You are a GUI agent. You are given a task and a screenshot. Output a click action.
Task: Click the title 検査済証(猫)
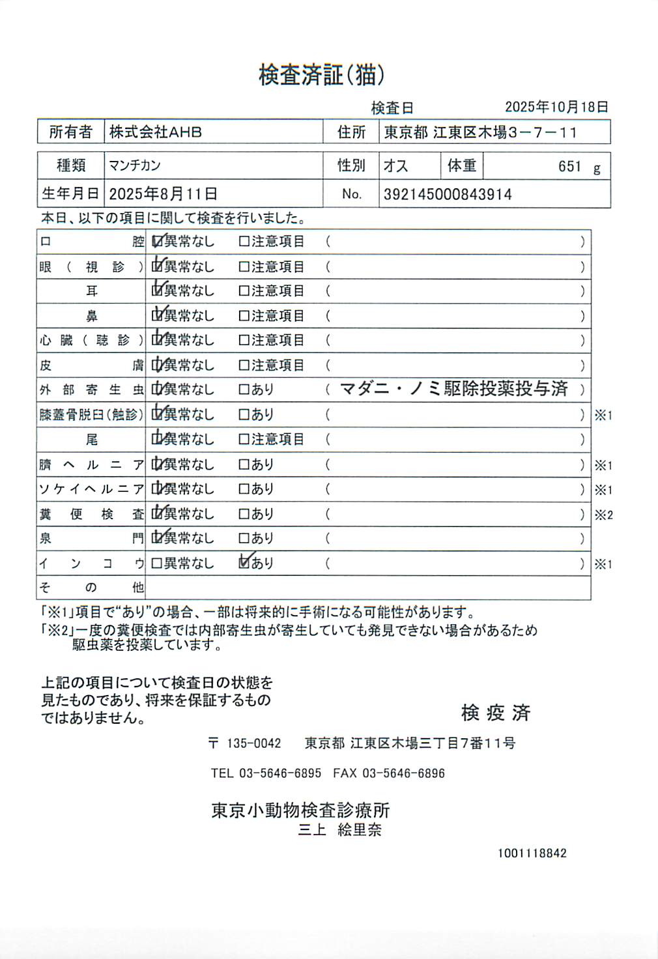(321, 75)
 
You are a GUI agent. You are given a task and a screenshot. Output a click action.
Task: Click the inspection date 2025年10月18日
(556, 107)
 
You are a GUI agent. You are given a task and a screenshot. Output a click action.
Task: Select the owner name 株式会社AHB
(156, 132)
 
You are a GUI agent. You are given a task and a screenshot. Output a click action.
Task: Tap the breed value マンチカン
(135, 165)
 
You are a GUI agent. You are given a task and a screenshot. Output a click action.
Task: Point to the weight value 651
(569, 167)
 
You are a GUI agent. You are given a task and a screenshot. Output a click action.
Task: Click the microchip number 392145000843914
(448, 194)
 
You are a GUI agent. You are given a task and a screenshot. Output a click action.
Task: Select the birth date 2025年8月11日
(163, 194)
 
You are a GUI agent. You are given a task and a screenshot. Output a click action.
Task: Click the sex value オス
(395, 166)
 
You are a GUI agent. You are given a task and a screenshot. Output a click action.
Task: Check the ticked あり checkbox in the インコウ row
(244, 563)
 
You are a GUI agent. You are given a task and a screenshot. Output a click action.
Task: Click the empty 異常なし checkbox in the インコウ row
(156, 564)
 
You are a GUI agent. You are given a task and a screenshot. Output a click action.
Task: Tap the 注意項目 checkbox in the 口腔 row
(244, 242)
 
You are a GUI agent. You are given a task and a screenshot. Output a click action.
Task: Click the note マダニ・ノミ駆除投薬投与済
(454, 389)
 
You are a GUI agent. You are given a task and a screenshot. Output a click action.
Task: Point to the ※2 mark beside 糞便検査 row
(603, 515)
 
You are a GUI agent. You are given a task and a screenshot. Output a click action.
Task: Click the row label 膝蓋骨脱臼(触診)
(91, 414)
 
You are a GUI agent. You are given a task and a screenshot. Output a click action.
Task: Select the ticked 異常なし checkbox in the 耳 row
(156, 291)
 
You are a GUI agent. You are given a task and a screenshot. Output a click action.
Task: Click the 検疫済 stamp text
(496, 713)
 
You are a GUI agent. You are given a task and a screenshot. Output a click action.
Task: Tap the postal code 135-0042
(253, 743)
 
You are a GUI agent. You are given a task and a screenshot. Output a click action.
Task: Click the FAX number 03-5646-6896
(403, 773)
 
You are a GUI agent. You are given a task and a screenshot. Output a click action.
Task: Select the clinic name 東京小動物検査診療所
(300, 810)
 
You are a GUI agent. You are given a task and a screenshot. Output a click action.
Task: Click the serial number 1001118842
(532, 853)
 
